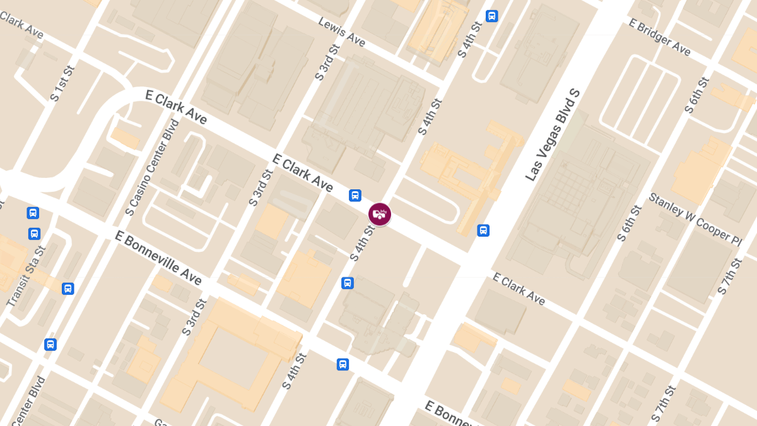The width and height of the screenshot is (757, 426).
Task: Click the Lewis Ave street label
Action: [341, 32]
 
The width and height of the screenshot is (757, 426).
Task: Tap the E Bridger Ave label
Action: [660, 37]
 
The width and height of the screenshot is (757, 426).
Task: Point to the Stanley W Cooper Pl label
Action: [695, 219]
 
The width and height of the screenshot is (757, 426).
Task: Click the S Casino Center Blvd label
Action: [153, 167]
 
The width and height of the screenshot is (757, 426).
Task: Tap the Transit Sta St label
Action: [26, 276]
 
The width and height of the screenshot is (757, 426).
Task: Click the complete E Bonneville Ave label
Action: [158, 257]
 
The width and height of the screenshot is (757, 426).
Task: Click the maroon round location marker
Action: [380, 214]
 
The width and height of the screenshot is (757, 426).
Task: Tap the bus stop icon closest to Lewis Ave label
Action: [491, 16]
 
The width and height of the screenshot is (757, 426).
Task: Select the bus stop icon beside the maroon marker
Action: [355, 196]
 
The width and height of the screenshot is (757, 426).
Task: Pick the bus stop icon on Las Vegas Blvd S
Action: [483, 230]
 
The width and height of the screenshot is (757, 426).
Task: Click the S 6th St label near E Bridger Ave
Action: [696, 95]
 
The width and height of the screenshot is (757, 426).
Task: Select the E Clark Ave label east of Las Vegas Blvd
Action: [519, 288]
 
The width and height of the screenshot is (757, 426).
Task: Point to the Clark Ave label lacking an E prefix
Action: [22, 25]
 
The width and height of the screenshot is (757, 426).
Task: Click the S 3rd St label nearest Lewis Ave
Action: [327, 62]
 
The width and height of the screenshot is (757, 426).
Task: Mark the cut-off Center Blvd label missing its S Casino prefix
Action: [30, 401]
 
